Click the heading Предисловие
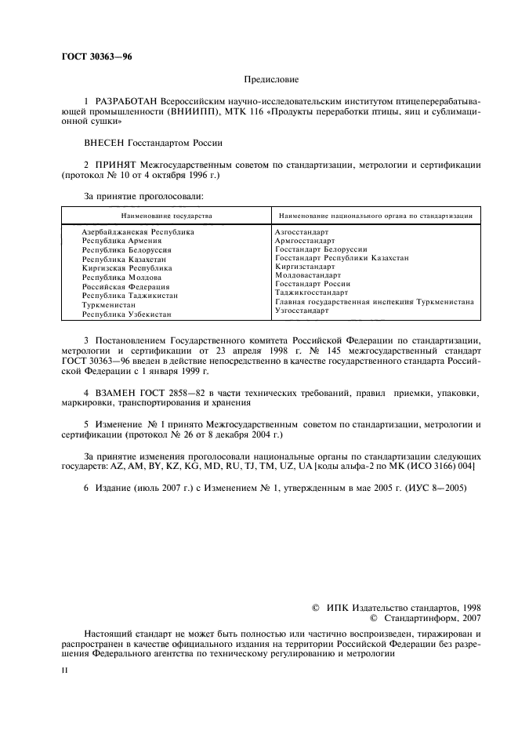[x=271, y=79]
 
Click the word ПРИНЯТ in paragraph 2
[x=117, y=166]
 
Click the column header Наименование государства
[x=166, y=214]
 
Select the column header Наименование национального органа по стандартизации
[x=373, y=214]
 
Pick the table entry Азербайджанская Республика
[x=138, y=232]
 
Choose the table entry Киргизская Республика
[x=127, y=268]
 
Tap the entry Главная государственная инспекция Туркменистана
[x=373, y=302]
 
